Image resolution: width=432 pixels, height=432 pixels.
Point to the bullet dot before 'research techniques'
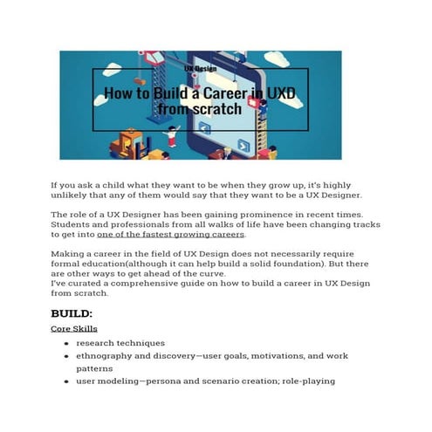click(65, 343)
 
